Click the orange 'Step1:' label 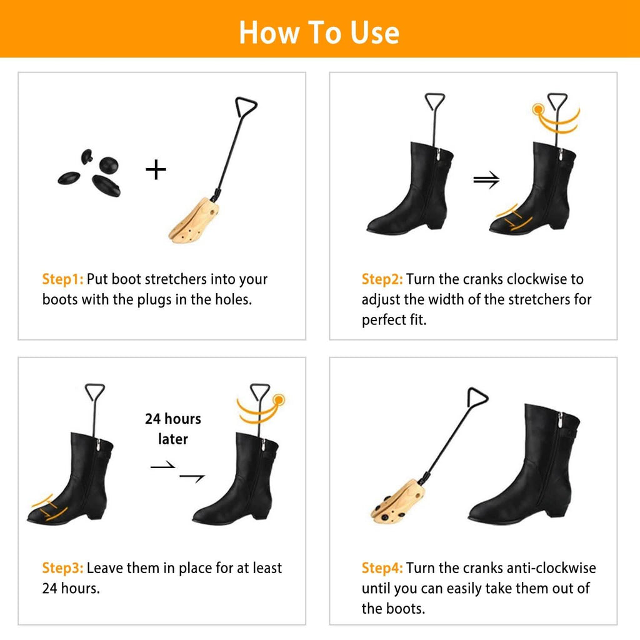(x=62, y=279)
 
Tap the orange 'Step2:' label (x=382, y=279)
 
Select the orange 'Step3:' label (x=62, y=568)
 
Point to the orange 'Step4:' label (x=382, y=568)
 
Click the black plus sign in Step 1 (x=156, y=169)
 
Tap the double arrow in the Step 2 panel (x=486, y=181)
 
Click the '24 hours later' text (x=173, y=429)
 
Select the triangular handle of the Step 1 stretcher (x=246, y=107)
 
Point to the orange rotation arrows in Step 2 (x=556, y=118)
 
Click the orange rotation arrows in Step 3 (x=258, y=409)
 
